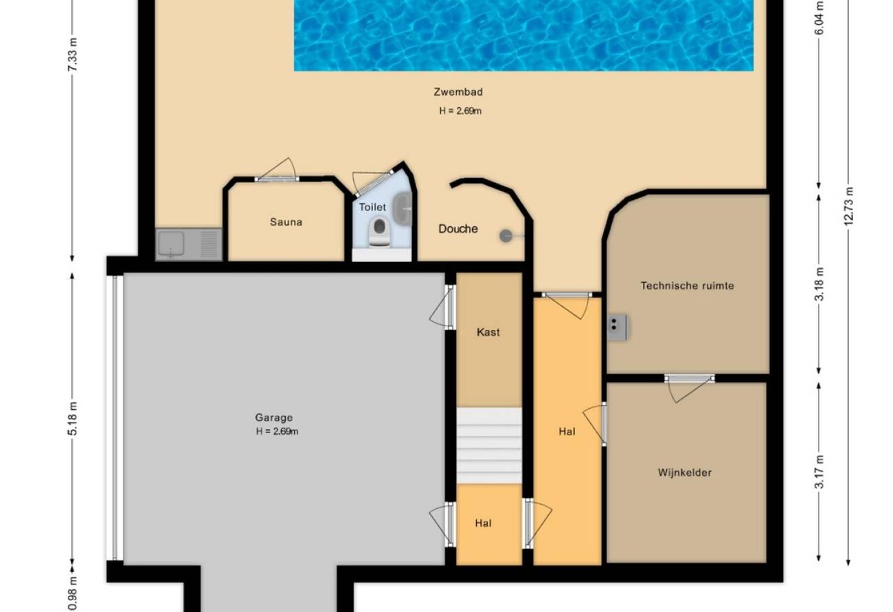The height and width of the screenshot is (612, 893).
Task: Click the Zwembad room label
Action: click(x=458, y=92)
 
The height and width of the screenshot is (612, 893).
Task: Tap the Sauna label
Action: click(x=286, y=222)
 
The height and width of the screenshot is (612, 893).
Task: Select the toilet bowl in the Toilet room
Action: click(x=379, y=231)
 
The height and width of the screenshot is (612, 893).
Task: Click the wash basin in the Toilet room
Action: click(x=402, y=208)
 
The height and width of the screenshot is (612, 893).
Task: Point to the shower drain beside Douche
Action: click(x=506, y=236)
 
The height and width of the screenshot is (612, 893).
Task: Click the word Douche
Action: click(x=458, y=228)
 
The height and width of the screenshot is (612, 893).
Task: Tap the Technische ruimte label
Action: click(x=688, y=285)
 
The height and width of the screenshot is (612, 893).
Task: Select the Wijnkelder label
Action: click(x=684, y=473)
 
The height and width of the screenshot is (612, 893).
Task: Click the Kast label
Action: click(x=488, y=332)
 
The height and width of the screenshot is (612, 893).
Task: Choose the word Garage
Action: click(x=274, y=417)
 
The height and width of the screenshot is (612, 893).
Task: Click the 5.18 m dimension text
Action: click(x=72, y=419)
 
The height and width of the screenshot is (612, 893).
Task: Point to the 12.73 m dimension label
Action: click(x=848, y=206)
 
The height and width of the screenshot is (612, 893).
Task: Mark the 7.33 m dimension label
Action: click(x=72, y=55)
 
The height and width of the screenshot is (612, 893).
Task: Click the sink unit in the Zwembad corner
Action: click(x=189, y=244)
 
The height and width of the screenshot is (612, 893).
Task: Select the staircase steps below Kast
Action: click(x=489, y=445)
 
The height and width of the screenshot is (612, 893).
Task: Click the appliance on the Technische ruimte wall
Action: click(x=618, y=327)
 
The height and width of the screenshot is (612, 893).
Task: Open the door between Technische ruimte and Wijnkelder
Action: click(x=689, y=387)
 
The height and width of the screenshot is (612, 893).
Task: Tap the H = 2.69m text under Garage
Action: click(x=277, y=431)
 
